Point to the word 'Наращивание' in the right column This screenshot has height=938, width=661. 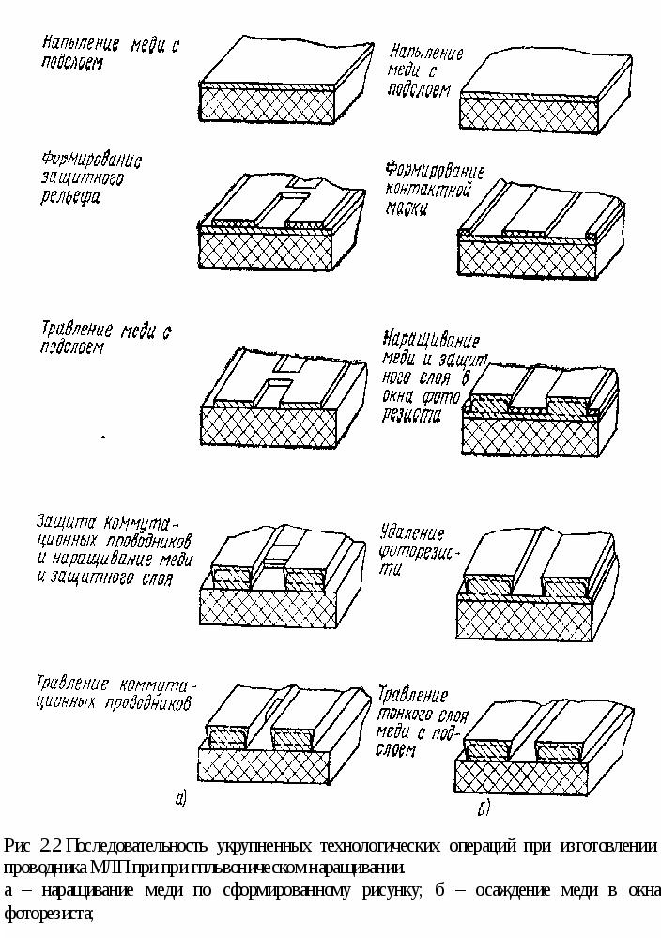[432, 341]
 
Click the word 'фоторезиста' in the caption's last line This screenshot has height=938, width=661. [48, 911]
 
